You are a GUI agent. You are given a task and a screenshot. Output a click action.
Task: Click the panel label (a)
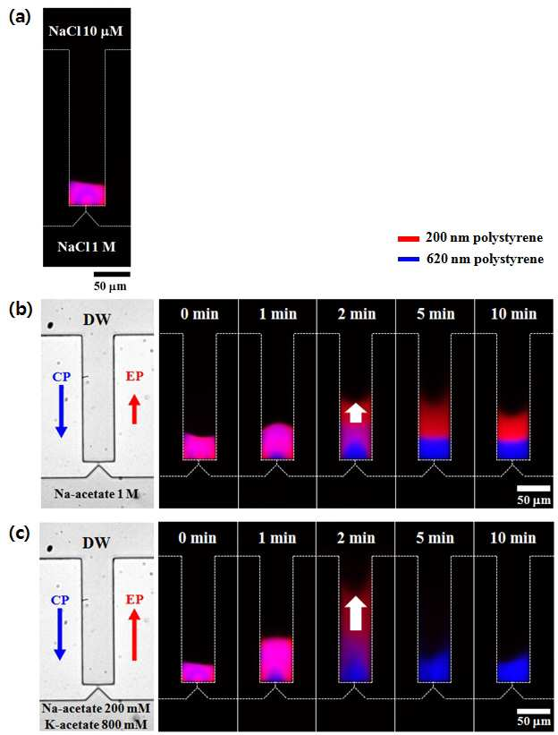pyautogui.click(x=20, y=17)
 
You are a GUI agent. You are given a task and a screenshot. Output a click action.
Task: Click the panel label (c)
pyautogui.click(x=21, y=534)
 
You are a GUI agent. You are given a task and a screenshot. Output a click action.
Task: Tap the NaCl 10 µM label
pyautogui.click(x=86, y=31)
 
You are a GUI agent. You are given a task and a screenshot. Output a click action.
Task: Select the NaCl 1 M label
pyautogui.click(x=87, y=246)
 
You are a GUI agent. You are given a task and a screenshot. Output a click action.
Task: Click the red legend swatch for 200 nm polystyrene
pyautogui.click(x=408, y=239)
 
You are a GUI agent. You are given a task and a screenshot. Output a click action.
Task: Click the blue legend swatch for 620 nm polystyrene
pyautogui.click(x=408, y=260)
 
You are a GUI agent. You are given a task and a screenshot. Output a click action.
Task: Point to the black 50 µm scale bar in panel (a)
pyautogui.click(x=112, y=274)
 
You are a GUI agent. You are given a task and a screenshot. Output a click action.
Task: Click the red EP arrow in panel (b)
pyautogui.click(x=134, y=409)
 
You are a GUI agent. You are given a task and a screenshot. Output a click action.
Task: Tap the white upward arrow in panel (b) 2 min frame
pyautogui.click(x=356, y=414)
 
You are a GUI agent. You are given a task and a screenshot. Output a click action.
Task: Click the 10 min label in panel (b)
pyautogui.click(x=513, y=313)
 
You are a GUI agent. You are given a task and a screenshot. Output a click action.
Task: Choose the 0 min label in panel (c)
pyautogui.click(x=198, y=538)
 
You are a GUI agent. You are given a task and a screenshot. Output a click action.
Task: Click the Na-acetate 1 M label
pyautogui.click(x=97, y=493)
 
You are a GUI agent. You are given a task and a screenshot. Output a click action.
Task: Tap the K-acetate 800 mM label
pyautogui.click(x=96, y=724)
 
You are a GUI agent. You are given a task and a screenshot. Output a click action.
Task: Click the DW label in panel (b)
pyautogui.click(x=97, y=320)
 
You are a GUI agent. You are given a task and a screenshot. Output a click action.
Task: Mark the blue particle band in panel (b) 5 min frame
pyautogui.click(x=435, y=448)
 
